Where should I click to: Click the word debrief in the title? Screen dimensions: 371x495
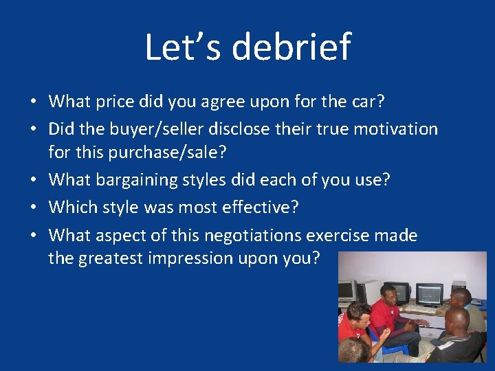click(x=291, y=47)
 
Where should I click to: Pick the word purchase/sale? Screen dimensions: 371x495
click(x=162, y=153)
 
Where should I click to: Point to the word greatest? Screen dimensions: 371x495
click(x=108, y=258)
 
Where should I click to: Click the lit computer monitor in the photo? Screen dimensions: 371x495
click(x=430, y=294)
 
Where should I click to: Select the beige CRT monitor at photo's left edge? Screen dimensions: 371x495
click(x=347, y=291)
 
